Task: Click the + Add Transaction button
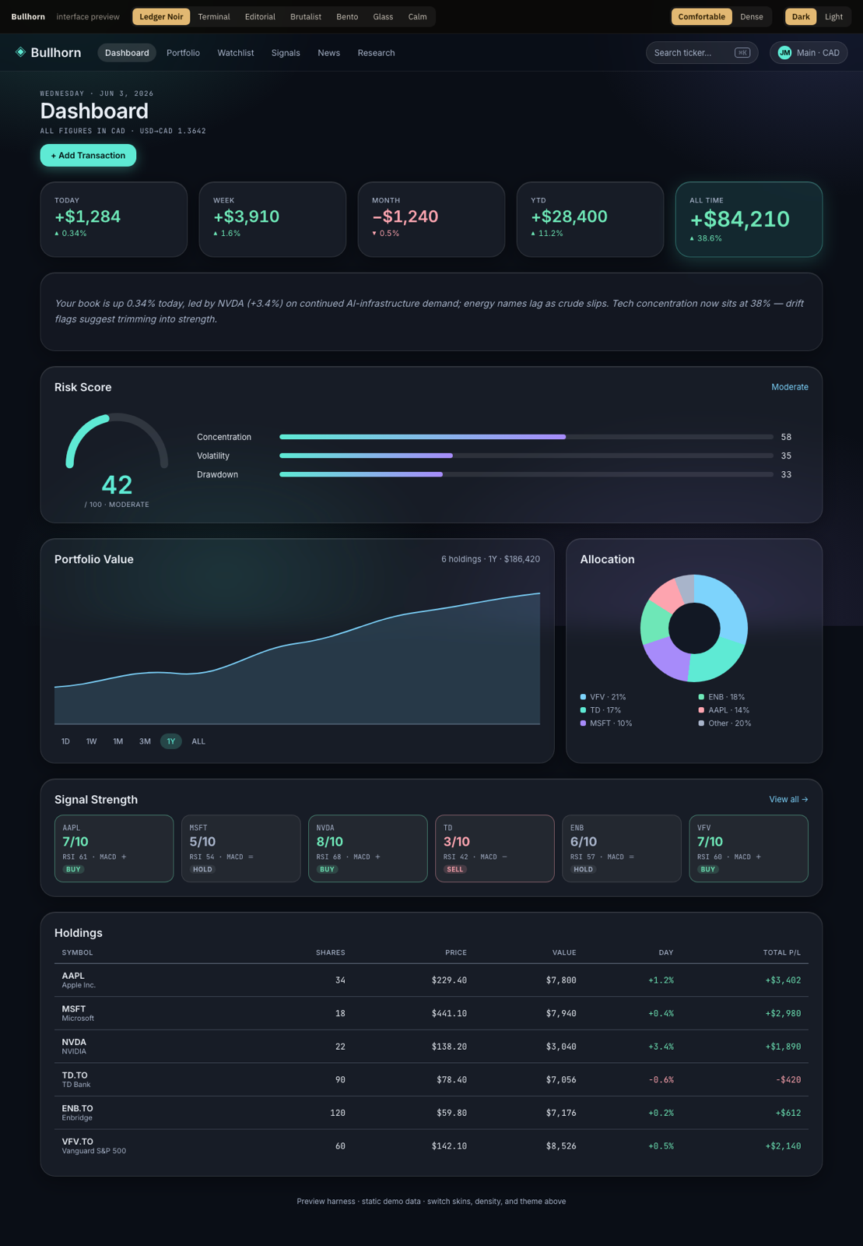(x=88, y=155)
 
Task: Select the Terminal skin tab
(x=214, y=16)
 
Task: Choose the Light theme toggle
(x=833, y=16)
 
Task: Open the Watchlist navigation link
(x=236, y=53)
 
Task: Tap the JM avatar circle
(x=784, y=53)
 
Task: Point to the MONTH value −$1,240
(x=405, y=216)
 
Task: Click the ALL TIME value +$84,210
(x=739, y=219)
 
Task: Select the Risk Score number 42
(x=117, y=484)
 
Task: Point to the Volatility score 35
(x=786, y=456)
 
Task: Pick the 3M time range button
(x=145, y=741)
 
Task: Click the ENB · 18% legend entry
(x=721, y=697)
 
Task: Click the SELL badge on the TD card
(x=455, y=869)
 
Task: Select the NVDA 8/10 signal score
(x=329, y=842)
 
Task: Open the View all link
(x=788, y=799)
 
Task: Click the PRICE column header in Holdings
(x=456, y=953)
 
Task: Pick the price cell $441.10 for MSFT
(x=449, y=1013)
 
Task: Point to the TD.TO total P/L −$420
(x=788, y=1080)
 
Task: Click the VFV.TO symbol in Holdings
(x=77, y=1142)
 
